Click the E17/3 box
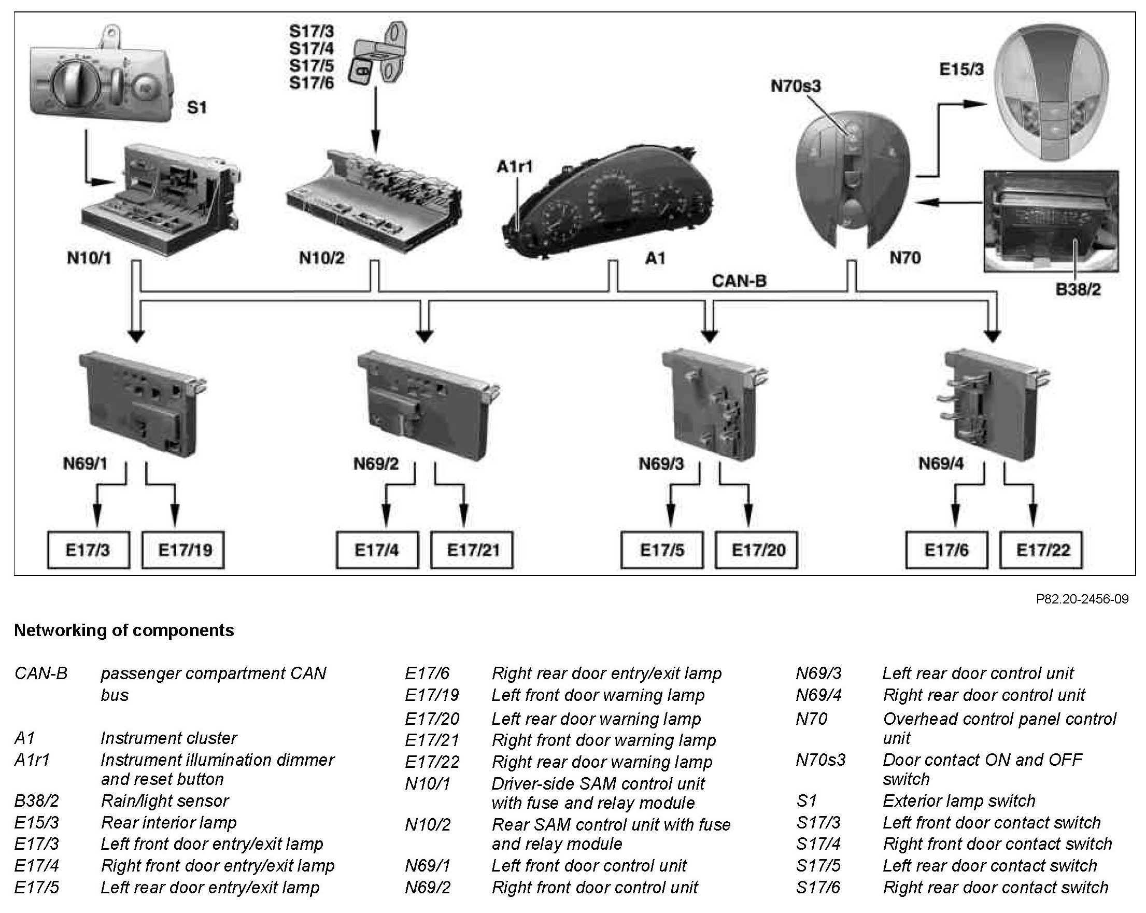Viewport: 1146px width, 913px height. click(x=88, y=550)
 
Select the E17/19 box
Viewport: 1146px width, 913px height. click(x=183, y=550)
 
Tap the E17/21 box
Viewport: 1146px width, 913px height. click(x=472, y=550)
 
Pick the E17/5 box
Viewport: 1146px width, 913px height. click(x=662, y=550)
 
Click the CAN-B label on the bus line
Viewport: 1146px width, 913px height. click(x=739, y=281)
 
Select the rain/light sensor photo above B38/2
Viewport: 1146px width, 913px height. click(x=1050, y=221)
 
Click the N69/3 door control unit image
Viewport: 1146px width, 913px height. click(x=712, y=404)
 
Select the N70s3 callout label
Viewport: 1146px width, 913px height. click(x=795, y=86)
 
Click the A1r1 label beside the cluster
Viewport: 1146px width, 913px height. click(x=514, y=167)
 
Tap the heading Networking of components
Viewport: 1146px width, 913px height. click(x=124, y=630)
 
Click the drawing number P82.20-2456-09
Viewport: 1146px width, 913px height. click(x=1082, y=599)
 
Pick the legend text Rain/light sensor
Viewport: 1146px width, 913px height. click(x=165, y=801)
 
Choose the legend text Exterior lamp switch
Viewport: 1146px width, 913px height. click(x=959, y=801)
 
